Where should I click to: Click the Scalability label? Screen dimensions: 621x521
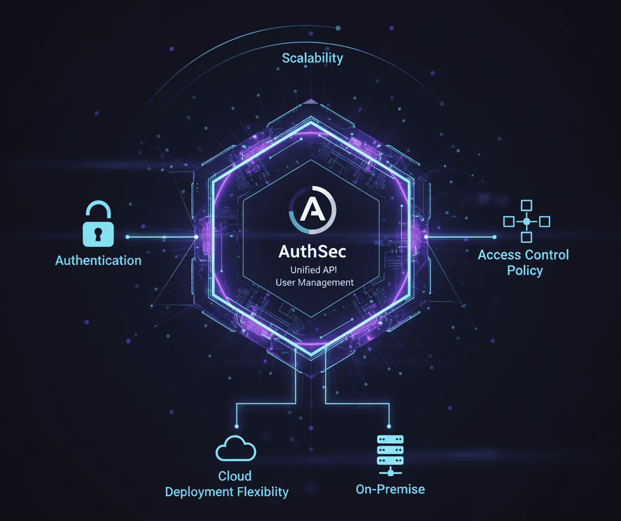point(312,58)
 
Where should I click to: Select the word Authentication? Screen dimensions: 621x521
point(98,261)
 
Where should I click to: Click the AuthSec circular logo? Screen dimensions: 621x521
point(310,210)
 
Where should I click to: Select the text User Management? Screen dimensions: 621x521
point(311,282)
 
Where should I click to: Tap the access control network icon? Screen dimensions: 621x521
point(526,221)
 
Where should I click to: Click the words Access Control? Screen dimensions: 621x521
point(523,255)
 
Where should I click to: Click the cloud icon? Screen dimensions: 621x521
point(236,449)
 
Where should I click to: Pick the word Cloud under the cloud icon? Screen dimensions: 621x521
point(235,476)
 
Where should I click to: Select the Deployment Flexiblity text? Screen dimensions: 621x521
point(227,492)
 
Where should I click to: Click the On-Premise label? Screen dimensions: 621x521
point(390,489)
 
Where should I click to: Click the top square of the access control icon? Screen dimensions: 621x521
point(526,204)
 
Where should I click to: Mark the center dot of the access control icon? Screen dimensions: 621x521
point(526,221)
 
